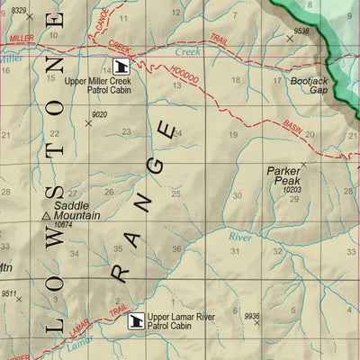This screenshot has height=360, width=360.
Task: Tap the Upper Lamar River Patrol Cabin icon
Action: pos(137,319)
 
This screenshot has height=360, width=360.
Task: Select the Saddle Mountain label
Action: pos(77,211)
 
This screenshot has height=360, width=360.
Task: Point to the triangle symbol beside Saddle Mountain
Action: pos(47,216)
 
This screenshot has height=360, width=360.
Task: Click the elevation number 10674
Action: pos(64,225)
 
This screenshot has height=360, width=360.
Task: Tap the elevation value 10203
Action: pos(291,190)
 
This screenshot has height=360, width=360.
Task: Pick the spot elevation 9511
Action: pos(10,293)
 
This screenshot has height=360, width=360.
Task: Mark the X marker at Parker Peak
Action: pos(303,165)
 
